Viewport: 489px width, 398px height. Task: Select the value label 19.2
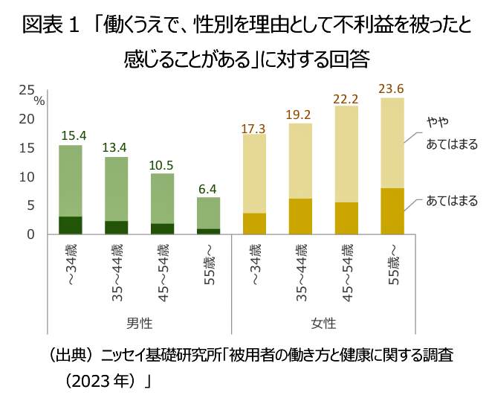coord(299,115)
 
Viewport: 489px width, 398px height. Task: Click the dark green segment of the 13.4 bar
coord(116,227)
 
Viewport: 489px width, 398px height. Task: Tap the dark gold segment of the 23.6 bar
coord(392,211)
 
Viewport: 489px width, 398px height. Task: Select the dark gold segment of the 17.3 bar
coord(253,223)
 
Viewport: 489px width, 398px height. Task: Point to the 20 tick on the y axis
coord(27,119)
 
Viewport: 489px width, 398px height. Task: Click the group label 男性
coord(140,324)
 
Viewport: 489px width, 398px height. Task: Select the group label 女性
coord(323,324)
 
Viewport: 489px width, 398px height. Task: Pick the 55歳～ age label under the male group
coord(209,264)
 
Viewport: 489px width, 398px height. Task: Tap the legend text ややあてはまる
coord(451,132)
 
